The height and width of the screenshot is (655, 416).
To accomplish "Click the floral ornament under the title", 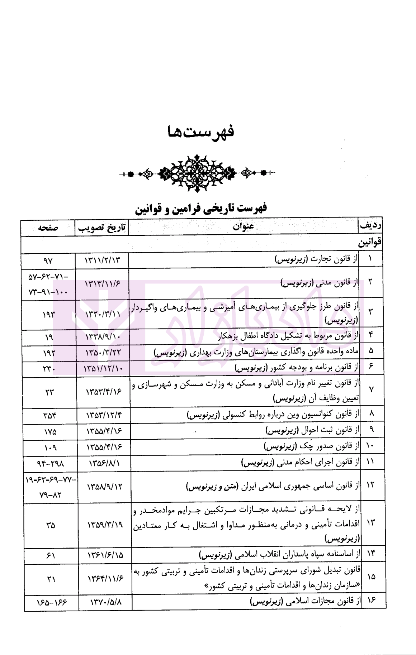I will (x=196, y=173).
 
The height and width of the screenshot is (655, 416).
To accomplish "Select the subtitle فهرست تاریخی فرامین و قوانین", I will (x=201, y=208).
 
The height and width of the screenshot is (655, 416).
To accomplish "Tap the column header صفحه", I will (x=48, y=228).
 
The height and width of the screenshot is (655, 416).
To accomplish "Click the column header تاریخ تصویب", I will (x=102, y=228).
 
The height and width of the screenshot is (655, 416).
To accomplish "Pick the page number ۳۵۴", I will (x=50, y=416).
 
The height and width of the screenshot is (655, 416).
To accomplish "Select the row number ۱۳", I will (x=370, y=522).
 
